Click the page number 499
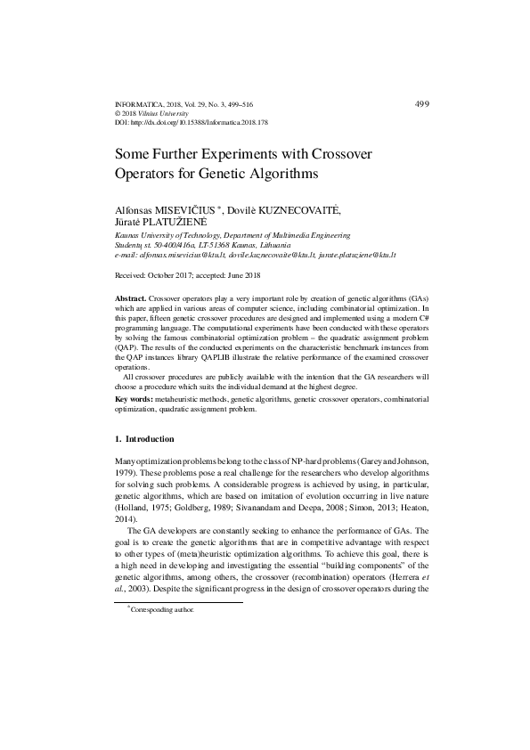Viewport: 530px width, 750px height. click(422, 104)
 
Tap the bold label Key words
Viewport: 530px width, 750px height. click(134, 400)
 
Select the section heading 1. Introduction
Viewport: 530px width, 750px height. click(145, 439)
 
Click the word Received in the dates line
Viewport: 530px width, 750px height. click(133, 275)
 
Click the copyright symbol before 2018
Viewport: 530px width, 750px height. click(119, 113)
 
